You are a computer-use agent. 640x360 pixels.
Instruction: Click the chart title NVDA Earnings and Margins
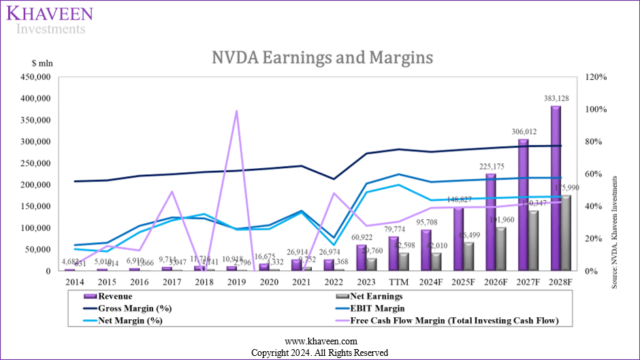click(x=319, y=57)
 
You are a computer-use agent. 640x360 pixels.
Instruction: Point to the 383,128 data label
click(x=556, y=98)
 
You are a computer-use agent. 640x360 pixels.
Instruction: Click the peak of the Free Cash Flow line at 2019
click(x=236, y=110)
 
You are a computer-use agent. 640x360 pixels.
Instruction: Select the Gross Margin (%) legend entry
click(x=129, y=308)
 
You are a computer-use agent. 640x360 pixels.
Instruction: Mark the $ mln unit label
click(x=42, y=63)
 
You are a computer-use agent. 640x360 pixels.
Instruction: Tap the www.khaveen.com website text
click(x=319, y=341)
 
